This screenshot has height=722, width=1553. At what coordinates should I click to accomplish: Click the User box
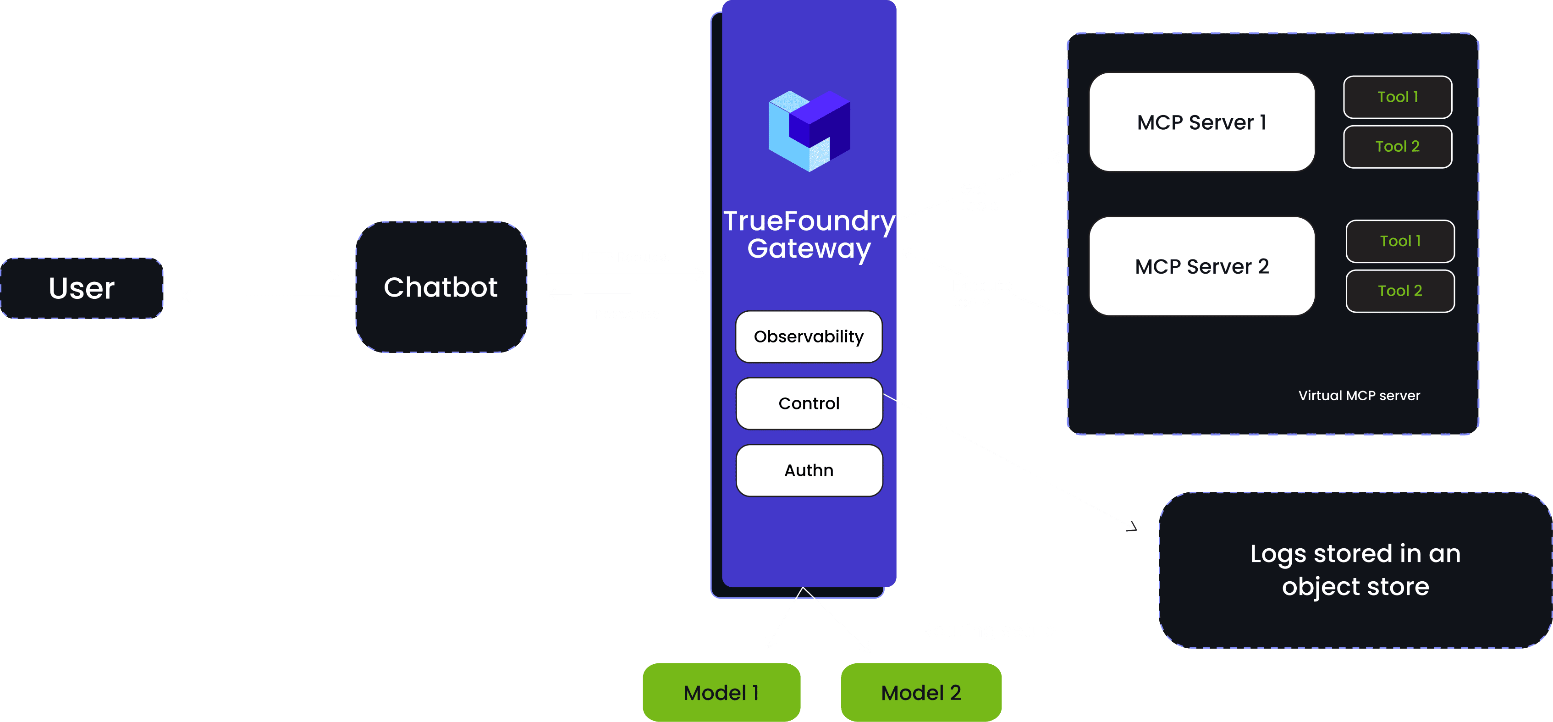pos(82,288)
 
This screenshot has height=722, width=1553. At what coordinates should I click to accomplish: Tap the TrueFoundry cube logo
pos(809,131)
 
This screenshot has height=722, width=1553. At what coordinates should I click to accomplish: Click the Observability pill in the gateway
pos(809,337)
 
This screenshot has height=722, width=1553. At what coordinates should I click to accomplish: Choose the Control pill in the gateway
pos(809,404)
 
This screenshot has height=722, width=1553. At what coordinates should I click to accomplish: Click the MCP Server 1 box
pos(1201,122)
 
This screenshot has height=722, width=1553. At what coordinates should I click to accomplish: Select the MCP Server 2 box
pos(1201,266)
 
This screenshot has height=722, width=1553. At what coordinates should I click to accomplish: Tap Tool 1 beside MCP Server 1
pos(1398,97)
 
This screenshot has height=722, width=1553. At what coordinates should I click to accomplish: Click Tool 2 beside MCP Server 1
pos(1398,146)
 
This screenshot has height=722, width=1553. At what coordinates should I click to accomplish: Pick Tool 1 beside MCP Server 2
pos(1400,241)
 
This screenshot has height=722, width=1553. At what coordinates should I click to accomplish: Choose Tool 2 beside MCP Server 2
pos(1400,291)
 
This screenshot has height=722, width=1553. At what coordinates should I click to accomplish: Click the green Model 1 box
pos(721,693)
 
